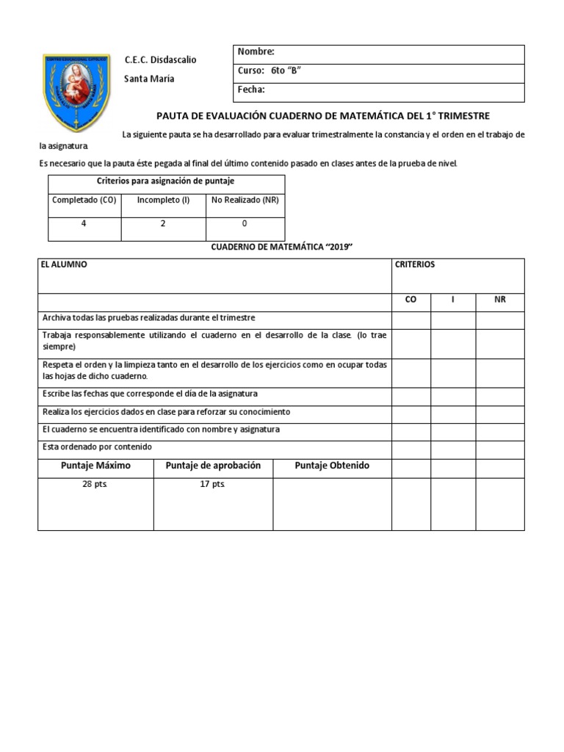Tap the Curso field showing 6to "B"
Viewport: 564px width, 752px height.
270,71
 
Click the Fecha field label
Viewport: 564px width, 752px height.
252,90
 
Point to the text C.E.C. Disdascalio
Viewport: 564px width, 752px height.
160,59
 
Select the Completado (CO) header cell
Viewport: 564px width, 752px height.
84,200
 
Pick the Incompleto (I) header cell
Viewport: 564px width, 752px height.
163,200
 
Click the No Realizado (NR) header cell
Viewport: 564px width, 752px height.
245,200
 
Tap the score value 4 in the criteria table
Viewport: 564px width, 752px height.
84,223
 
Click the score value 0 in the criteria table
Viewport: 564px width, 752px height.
245,223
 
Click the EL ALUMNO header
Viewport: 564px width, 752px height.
65,264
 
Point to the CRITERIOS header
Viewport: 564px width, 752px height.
415,264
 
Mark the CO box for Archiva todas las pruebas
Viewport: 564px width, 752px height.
411,319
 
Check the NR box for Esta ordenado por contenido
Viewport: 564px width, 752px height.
499,449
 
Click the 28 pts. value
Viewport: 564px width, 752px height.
95,485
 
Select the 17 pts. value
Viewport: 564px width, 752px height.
213,485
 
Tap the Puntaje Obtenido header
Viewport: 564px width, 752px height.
332,466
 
